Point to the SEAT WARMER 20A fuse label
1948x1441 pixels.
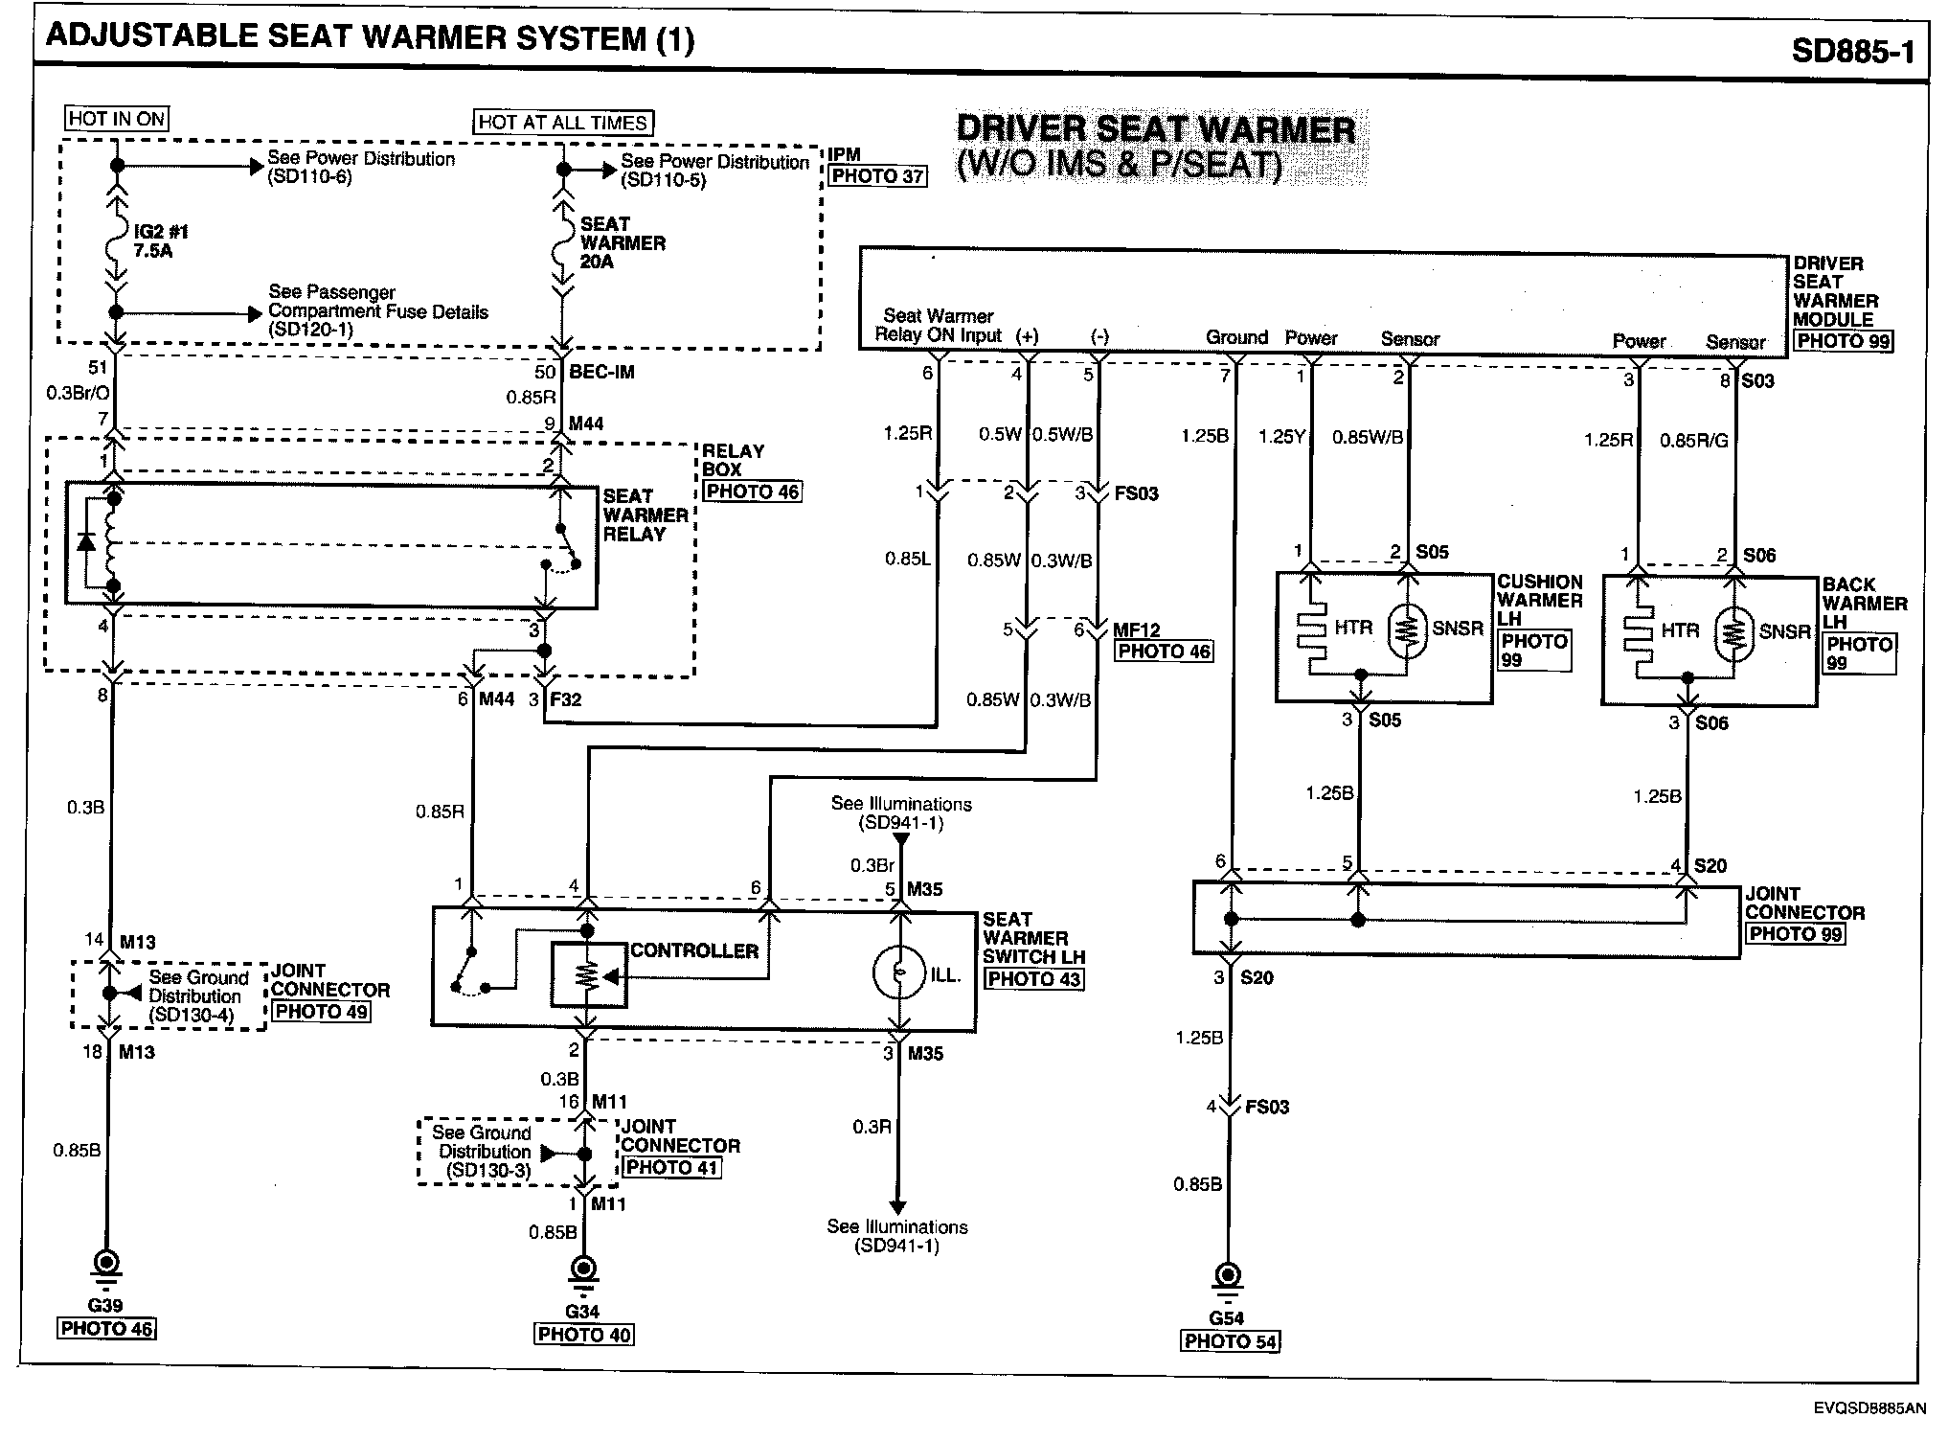point(622,242)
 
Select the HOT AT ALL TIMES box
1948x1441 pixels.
point(563,123)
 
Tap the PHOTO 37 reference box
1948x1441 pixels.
point(878,176)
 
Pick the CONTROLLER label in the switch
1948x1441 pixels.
point(693,950)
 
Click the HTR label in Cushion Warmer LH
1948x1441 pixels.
point(1353,628)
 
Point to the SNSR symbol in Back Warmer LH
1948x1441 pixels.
point(1733,632)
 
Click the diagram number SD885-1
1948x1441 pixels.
point(1852,50)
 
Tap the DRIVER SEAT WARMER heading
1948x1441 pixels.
point(1156,129)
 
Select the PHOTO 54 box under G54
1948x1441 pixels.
point(1230,1341)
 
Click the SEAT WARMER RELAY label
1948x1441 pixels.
point(645,515)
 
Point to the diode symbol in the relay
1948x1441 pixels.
point(86,542)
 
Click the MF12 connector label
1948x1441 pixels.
point(1137,629)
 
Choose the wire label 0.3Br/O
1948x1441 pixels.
point(78,393)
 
